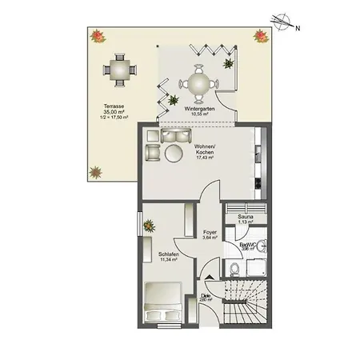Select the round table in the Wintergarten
[x=196, y=82]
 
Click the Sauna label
[x=234, y=217]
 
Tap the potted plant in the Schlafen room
[x=149, y=227]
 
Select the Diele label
[x=206, y=295]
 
